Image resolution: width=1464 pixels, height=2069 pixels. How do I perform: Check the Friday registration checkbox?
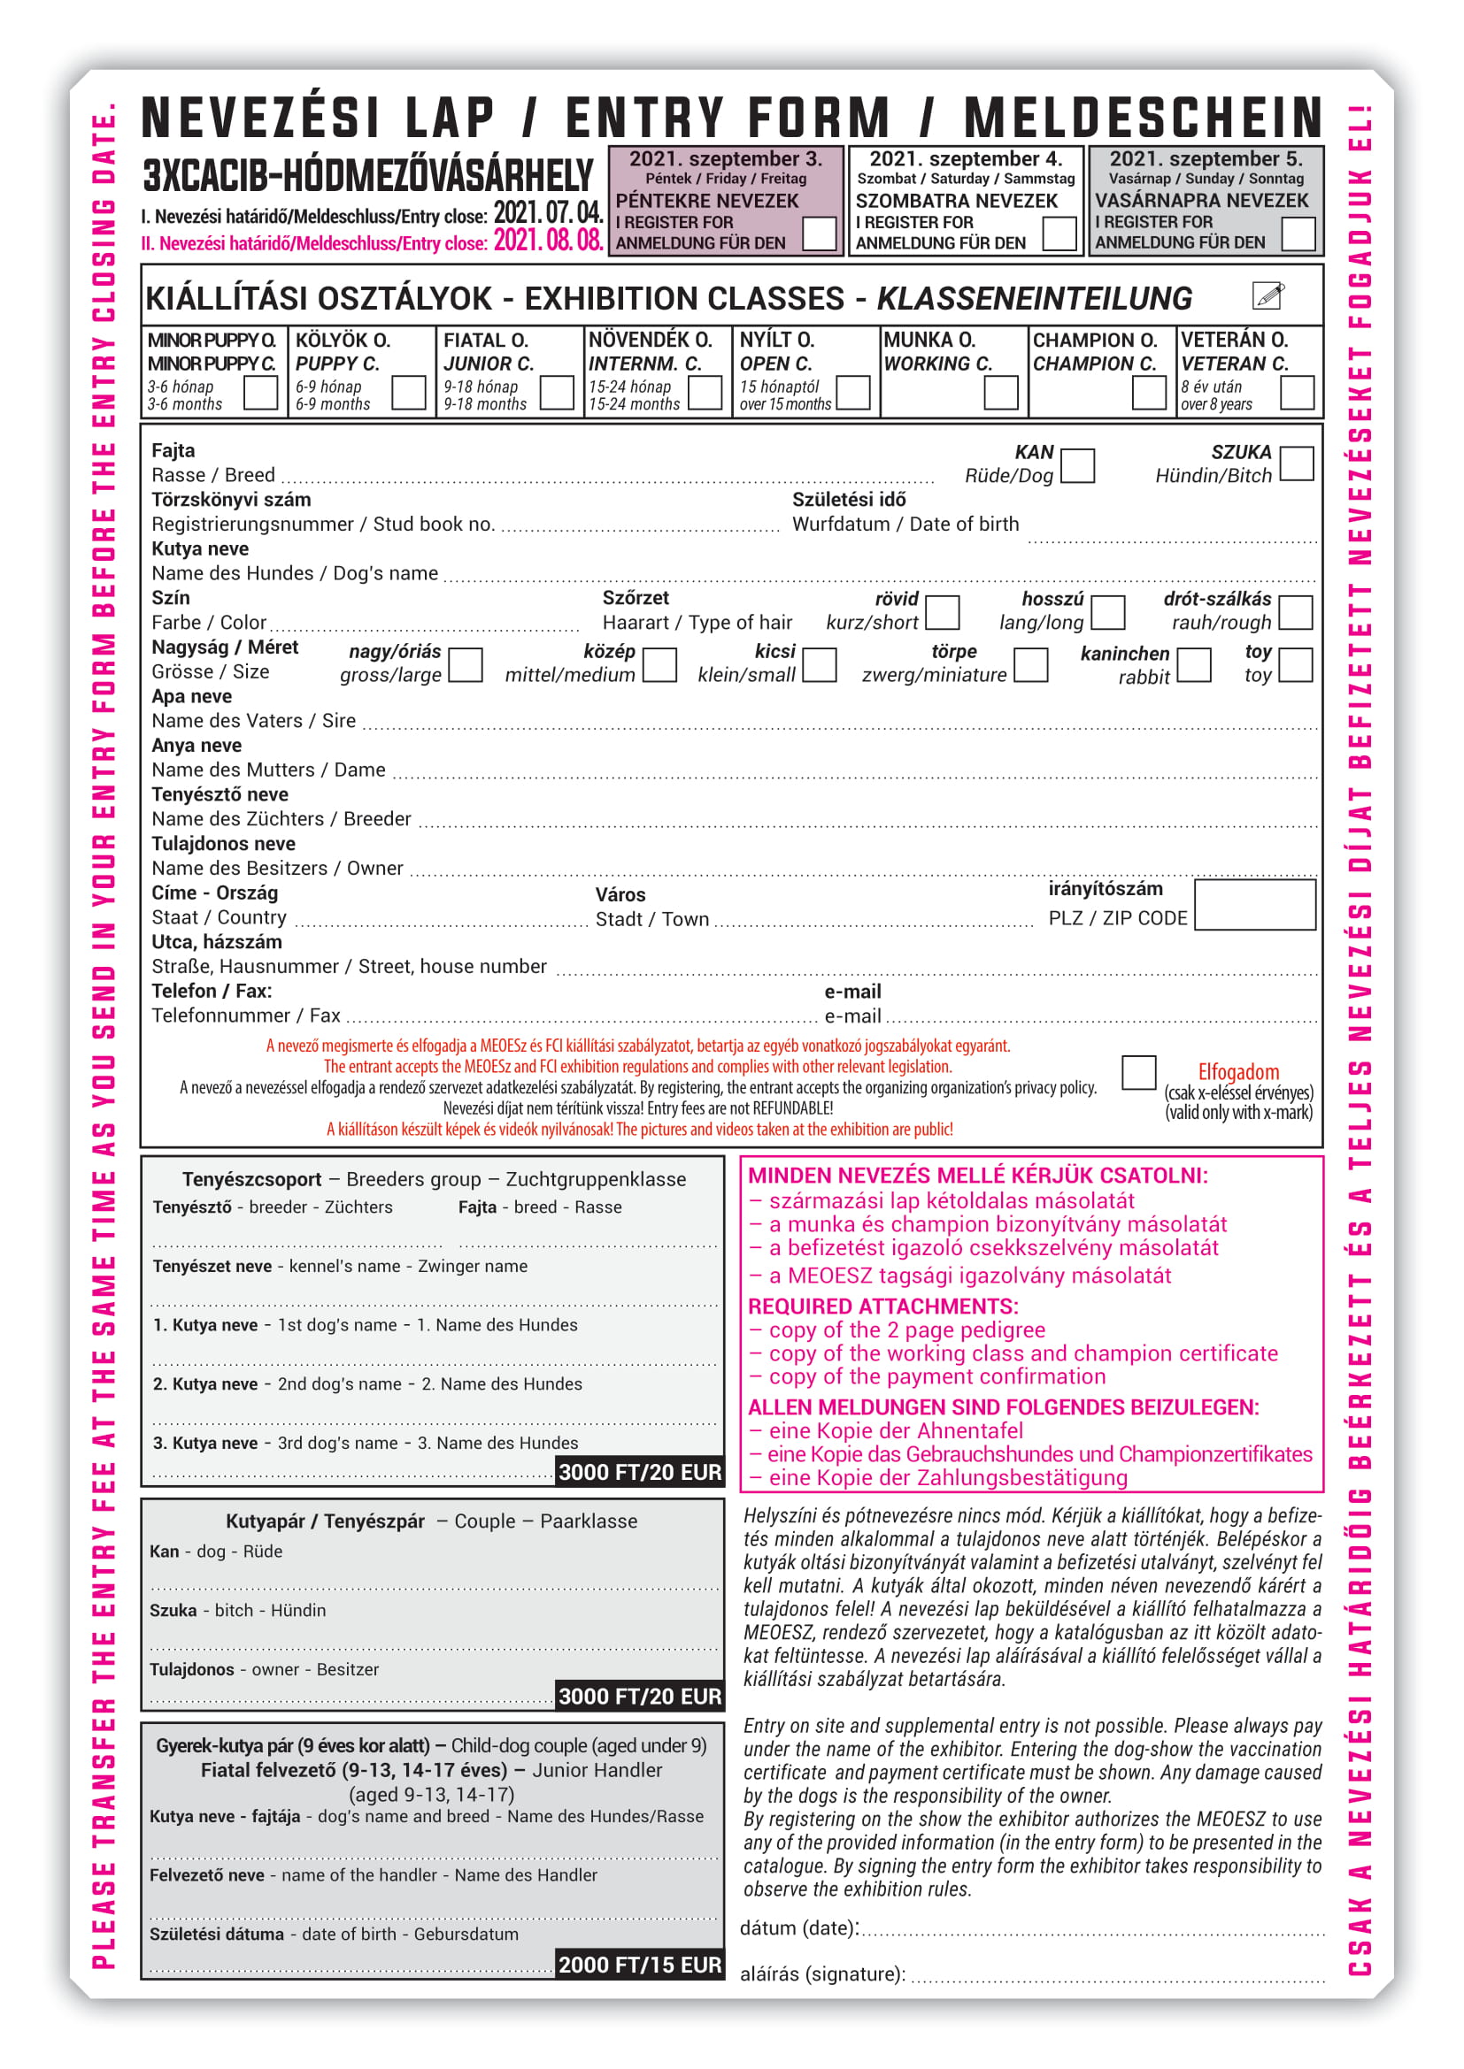(x=819, y=234)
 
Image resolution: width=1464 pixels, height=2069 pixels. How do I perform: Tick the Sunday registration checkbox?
(x=1298, y=234)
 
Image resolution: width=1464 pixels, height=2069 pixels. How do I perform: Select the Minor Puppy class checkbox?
(x=260, y=393)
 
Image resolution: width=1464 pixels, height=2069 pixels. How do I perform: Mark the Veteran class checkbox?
(x=1297, y=393)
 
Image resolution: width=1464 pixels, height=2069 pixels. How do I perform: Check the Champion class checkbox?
(x=1149, y=393)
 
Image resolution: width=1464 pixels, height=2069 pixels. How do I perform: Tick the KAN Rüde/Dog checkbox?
(x=1077, y=465)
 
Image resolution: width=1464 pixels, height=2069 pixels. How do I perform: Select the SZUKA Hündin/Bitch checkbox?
(x=1297, y=464)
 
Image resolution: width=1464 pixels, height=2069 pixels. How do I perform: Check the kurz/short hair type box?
(x=942, y=612)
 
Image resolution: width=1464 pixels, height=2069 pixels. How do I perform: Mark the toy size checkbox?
(x=1296, y=665)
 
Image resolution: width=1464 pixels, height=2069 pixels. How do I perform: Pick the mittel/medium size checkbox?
(x=660, y=665)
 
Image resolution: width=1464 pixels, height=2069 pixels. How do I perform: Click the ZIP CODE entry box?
(x=1254, y=904)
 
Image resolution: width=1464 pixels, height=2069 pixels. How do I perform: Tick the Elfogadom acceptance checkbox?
(x=1138, y=1072)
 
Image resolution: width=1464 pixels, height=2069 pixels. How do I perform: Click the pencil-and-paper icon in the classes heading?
(x=1268, y=295)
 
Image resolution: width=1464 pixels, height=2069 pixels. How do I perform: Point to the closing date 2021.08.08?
(x=547, y=241)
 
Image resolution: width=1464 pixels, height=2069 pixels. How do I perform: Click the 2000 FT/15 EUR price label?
(x=640, y=1965)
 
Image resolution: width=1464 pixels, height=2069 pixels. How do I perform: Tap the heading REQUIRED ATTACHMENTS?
(x=882, y=1306)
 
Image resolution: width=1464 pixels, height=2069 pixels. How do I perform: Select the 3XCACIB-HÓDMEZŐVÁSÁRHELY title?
(x=368, y=176)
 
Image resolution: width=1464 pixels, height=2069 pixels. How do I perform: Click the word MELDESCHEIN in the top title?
(x=1142, y=119)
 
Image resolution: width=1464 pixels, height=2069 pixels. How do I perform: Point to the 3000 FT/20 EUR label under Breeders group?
(x=640, y=1472)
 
